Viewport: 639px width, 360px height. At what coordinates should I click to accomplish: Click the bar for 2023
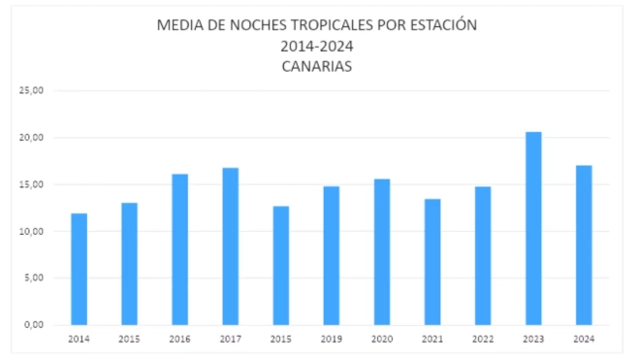pyautogui.click(x=532, y=229)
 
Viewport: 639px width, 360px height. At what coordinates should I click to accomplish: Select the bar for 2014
pyautogui.click(x=79, y=270)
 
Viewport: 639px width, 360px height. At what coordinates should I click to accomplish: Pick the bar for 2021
pyautogui.click(x=431, y=262)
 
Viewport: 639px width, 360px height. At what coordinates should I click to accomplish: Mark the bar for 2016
pyautogui.click(x=179, y=249)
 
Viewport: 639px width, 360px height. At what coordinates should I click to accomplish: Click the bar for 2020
pyautogui.click(x=381, y=252)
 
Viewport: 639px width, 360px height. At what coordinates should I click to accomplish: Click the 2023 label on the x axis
pyautogui.click(x=532, y=340)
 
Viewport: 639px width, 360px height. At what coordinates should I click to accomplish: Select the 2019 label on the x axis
pyautogui.click(x=331, y=340)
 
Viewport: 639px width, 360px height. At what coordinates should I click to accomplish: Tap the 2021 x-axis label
pyautogui.click(x=431, y=340)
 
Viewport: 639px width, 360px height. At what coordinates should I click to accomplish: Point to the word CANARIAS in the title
pyautogui.click(x=317, y=67)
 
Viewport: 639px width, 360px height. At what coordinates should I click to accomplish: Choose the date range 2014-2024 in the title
pyautogui.click(x=317, y=47)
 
